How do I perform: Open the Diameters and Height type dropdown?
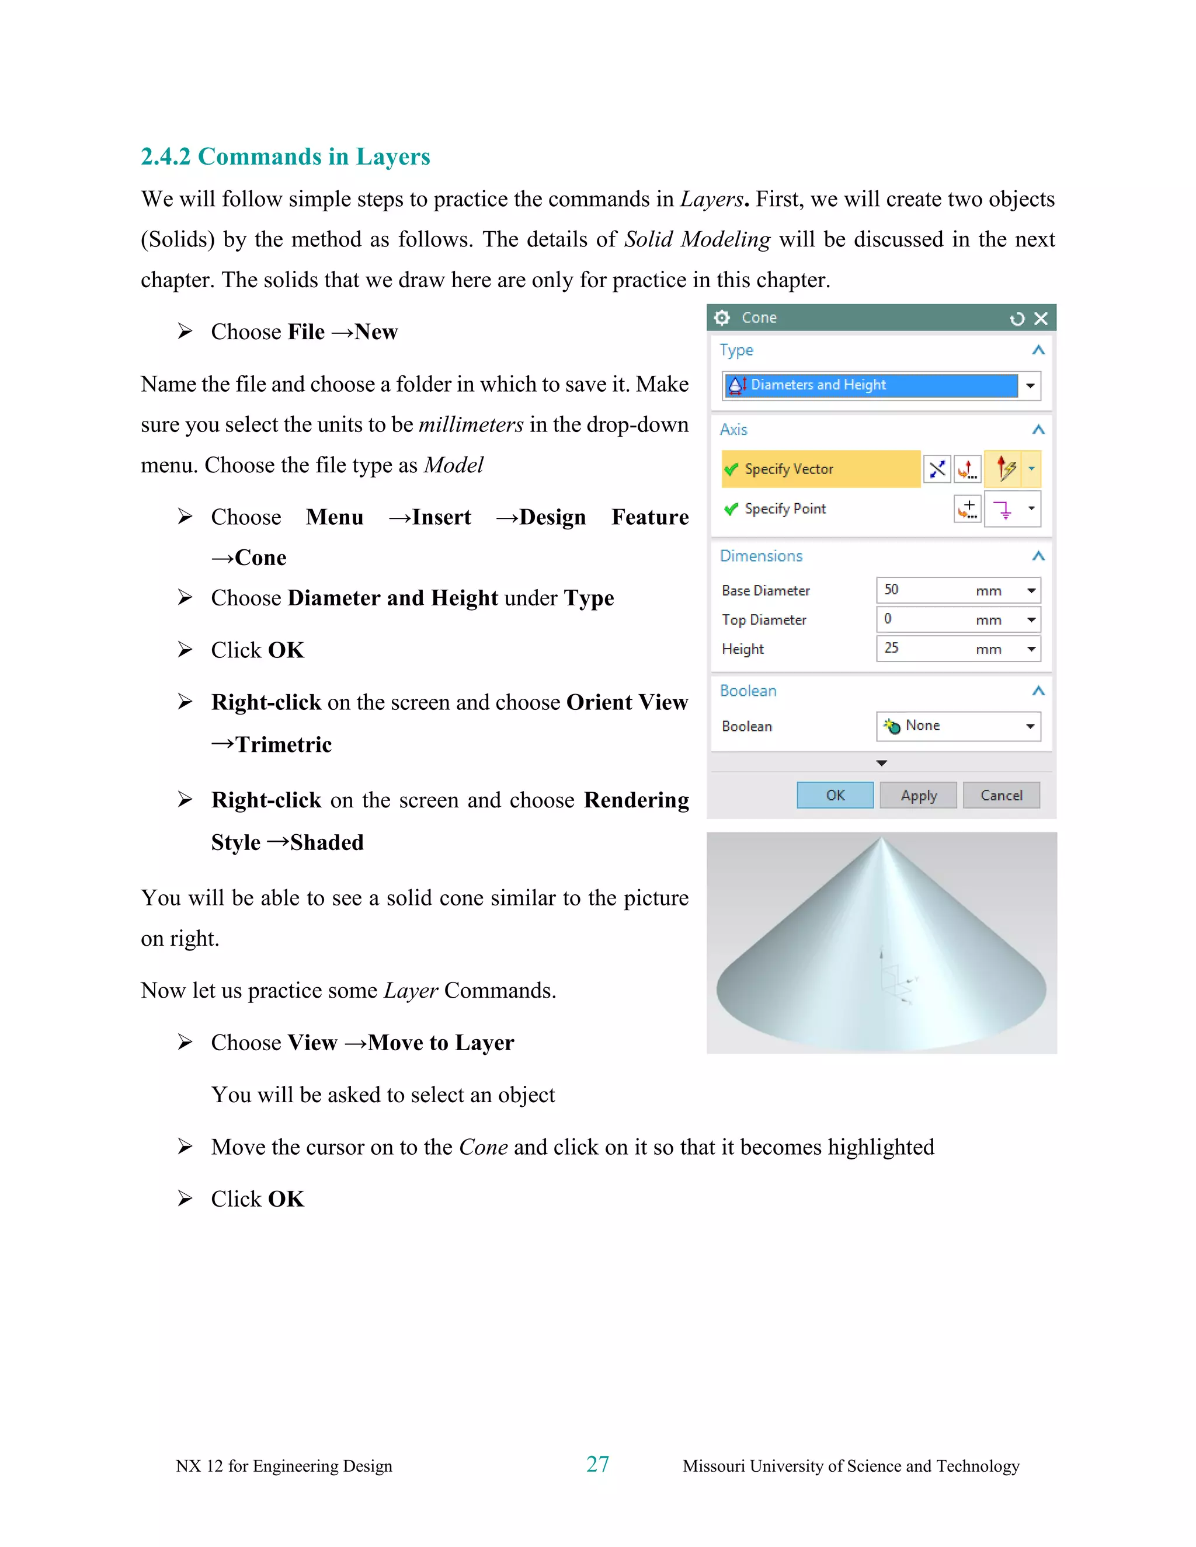point(1030,385)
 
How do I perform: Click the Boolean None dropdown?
point(958,726)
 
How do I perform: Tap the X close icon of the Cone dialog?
point(1040,319)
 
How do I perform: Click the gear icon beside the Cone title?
point(722,318)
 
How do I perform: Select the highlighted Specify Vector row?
point(820,469)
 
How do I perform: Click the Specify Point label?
point(785,508)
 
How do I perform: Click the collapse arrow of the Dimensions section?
point(1038,556)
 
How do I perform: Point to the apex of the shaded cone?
point(881,839)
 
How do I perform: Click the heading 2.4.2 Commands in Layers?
point(286,156)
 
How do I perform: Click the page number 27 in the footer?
point(597,1464)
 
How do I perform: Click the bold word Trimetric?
point(283,744)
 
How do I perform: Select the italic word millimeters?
point(471,424)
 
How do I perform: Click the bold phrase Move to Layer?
point(441,1043)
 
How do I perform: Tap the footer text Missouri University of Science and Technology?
point(850,1465)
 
